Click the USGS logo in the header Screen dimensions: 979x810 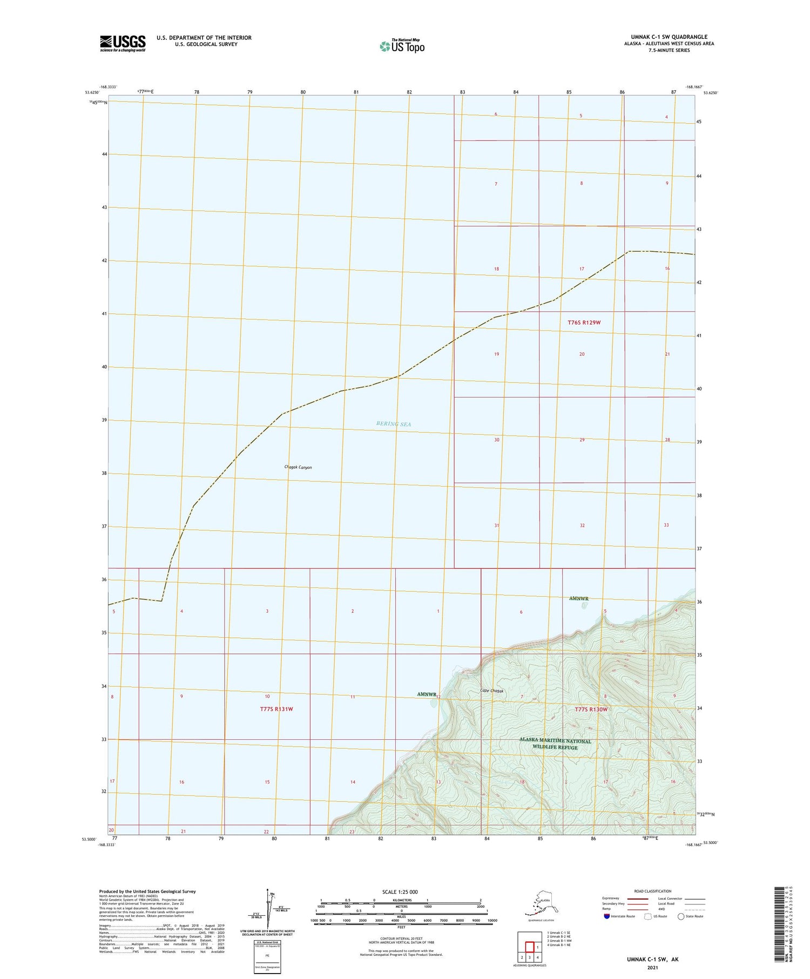click(x=123, y=43)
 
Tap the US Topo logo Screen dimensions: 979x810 click(x=402, y=46)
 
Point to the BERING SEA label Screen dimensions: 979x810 click(x=394, y=424)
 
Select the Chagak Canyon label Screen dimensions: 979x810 click(x=298, y=467)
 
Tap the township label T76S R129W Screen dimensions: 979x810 click(x=584, y=322)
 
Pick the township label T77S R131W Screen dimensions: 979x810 click(x=276, y=709)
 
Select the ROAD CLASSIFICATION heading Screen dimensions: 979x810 click(x=653, y=891)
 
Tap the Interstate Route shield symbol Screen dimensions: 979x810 click(x=607, y=916)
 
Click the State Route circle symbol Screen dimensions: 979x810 click(x=681, y=916)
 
